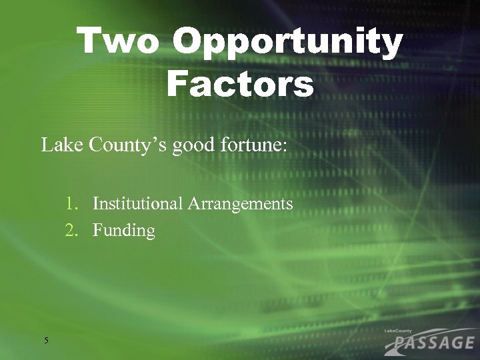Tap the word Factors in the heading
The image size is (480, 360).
tap(240, 85)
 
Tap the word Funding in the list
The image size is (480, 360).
tap(124, 231)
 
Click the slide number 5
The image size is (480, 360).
tap(46, 341)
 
